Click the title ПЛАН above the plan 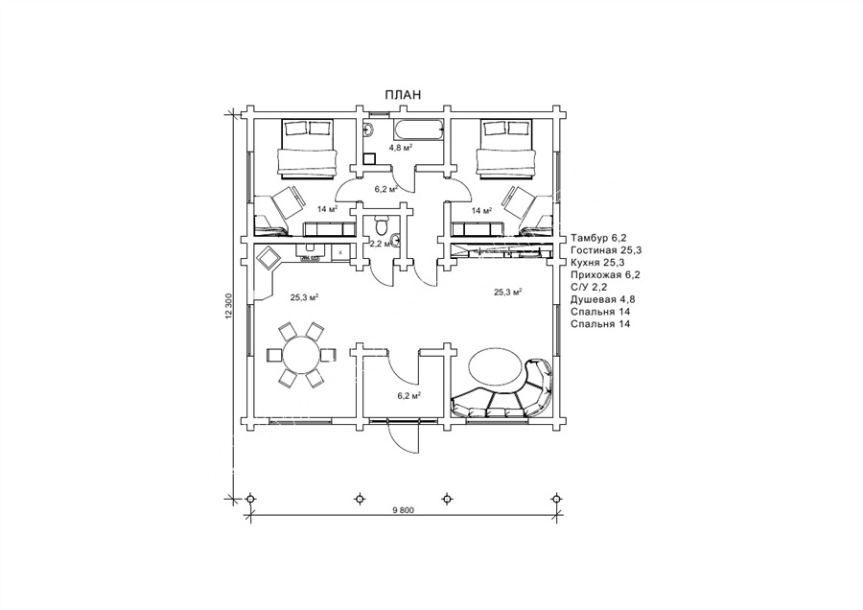[x=403, y=94]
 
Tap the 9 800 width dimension [x=403, y=510]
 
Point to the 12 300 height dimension [x=229, y=309]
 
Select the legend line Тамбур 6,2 [x=599, y=237]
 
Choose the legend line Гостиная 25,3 [x=605, y=249]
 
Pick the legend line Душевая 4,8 [x=601, y=299]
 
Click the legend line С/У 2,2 [x=590, y=287]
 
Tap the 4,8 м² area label [x=400, y=149]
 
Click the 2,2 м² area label [x=380, y=244]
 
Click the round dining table [x=300, y=355]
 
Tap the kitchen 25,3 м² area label [x=304, y=297]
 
